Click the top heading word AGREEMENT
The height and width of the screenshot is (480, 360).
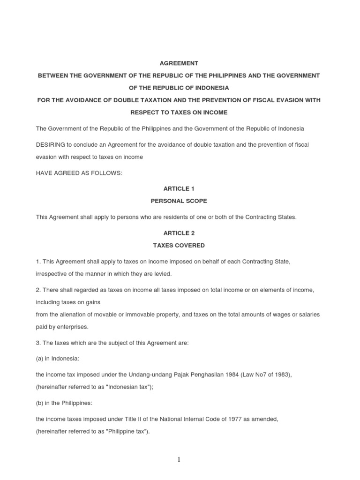pos(179,63)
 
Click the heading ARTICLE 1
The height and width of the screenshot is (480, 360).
pos(179,188)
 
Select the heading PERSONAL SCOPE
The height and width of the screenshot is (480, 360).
pos(179,201)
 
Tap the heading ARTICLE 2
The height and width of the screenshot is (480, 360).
pos(179,233)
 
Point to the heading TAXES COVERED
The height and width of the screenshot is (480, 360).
pos(179,245)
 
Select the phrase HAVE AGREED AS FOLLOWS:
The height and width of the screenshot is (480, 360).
pos(79,173)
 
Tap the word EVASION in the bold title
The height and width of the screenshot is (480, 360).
pos(290,100)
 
